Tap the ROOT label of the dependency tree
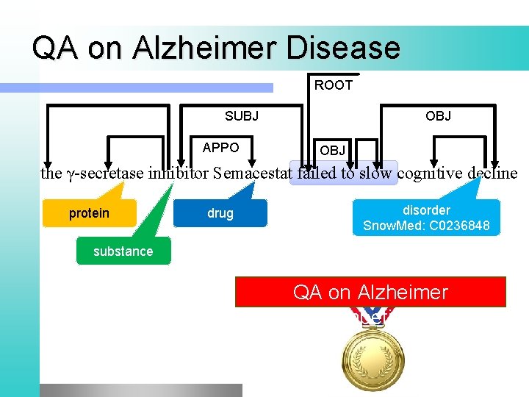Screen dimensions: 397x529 (334, 85)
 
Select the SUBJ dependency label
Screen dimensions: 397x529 (242, 116)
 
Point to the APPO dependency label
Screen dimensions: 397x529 (220, 148)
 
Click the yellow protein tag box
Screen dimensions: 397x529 (89, 213)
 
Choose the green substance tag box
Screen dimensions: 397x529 (123, 251)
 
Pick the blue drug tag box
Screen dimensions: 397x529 (220, 213)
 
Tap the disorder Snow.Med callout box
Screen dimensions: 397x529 (426, 218)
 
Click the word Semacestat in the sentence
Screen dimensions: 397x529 (252, 174)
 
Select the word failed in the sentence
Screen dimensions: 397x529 (315, 174)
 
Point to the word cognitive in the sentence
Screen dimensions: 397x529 (432, 174)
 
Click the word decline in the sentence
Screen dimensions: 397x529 (493, 174)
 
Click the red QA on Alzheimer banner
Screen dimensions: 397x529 (370, 292)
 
